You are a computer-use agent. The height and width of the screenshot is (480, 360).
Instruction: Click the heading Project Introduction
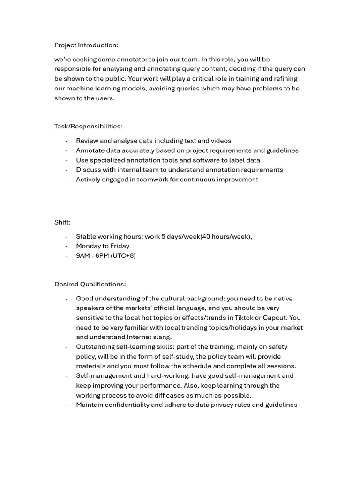(x=86, y=45)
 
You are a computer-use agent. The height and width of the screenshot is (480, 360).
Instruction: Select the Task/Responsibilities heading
(x=88, y=126)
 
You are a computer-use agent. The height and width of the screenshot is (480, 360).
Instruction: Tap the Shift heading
(x=62, y=222)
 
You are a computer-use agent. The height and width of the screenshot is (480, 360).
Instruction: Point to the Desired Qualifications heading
(x=90, y=284)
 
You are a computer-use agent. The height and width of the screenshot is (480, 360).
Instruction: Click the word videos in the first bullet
(x=221, y=141)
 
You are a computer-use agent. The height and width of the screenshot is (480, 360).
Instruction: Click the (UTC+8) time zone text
(x=123, y=255)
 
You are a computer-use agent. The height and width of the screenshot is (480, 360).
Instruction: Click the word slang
(x=163, y=337)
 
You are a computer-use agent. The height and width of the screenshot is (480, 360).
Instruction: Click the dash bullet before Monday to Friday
(x=67, y=246)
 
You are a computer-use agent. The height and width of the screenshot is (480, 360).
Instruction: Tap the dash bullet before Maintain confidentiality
(x=67, y=405)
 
